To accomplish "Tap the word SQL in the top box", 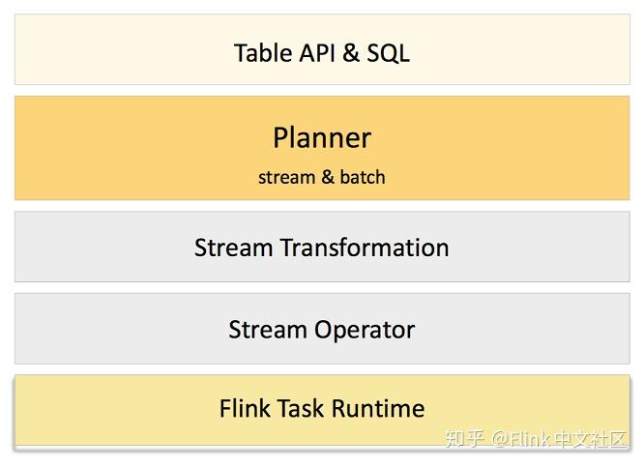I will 388,52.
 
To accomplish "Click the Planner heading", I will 321,137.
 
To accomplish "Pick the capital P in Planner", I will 280,137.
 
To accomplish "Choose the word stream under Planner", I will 286,177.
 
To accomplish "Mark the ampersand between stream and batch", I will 327,177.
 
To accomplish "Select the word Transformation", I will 365,248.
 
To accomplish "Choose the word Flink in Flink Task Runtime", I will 245,408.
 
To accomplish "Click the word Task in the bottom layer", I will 301,408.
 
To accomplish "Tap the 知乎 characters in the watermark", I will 464,440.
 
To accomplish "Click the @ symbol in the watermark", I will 500,440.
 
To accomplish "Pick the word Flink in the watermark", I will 531,440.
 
